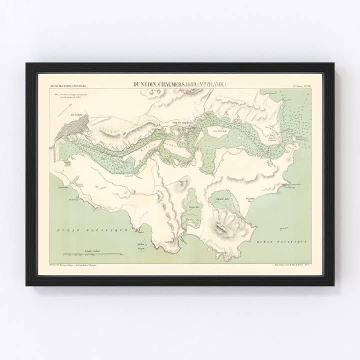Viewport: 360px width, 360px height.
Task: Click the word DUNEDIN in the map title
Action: [144, 84]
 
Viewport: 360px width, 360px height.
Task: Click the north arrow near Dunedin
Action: [64, 110]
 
